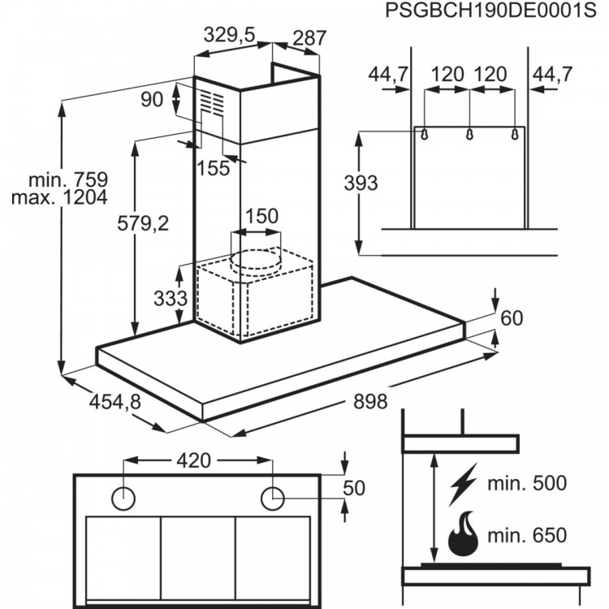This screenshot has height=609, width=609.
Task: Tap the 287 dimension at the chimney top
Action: click(309, 37)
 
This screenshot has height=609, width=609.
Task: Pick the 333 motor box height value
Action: click(170, 298)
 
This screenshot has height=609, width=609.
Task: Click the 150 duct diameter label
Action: click(261, 217)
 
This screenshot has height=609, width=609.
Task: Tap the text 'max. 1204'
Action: click(67, 197)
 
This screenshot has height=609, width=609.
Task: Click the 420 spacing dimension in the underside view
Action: click(194, 461)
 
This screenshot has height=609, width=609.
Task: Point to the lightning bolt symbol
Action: click(463, 484)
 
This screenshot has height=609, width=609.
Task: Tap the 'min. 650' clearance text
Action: click(527, 536)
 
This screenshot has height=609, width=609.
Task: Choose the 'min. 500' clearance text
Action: click(527, 484)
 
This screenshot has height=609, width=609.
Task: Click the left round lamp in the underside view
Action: click(123, 497)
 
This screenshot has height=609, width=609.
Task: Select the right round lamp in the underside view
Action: click(274, 497)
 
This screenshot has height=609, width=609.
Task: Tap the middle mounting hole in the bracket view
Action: click(469, 134)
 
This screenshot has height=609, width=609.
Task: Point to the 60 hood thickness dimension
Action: click(511, 317)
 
